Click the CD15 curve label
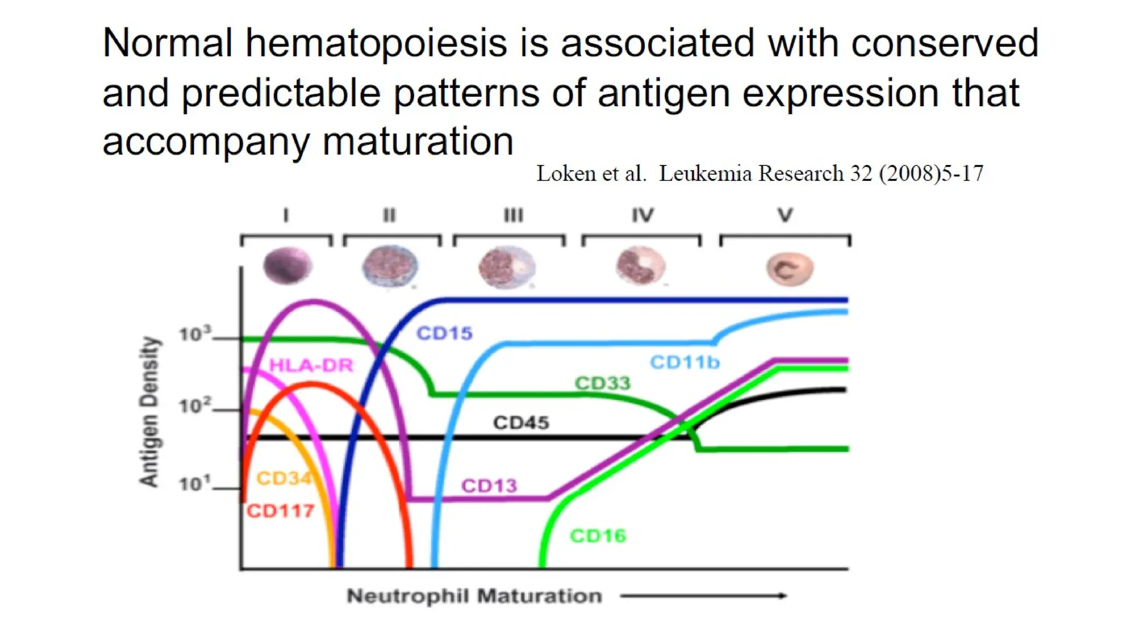(x=444, y=333)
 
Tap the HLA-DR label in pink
(x=311, y=365)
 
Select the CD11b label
(x=684, y=362)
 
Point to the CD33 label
(x=602, y=383)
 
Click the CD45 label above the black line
(x=520, y=422)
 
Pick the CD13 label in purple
(x=489, y=485)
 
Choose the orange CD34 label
(x=283, y=478)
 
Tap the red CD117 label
(x=280, y=511)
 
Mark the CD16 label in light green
(x=598, y=535)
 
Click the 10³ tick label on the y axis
(x=194, y=334)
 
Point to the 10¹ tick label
(x=194, y=484)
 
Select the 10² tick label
(x=194, y=406)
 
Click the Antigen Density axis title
(x=149, y=411)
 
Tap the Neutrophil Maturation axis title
(x=474, y=595)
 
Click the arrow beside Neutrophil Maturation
(x=703, y=595)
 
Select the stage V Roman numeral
(x=785, y=215)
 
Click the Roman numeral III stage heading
(x=513, y=215)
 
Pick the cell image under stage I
(x=287, y=266)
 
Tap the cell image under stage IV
(x=640, y=266)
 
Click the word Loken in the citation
(x=565, y=174)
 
